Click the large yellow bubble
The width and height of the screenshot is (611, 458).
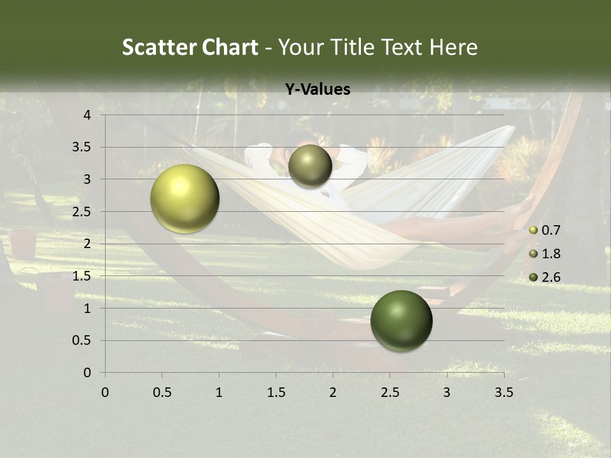185,198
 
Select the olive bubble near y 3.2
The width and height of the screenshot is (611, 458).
310,166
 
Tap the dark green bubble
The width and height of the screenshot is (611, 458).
401,321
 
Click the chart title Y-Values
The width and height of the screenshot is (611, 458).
318,90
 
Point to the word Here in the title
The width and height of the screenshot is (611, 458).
453,47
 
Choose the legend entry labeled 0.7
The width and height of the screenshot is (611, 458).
550,230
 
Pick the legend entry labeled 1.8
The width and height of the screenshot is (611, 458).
550,254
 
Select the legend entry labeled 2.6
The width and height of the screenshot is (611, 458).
550,277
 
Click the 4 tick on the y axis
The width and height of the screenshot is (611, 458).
88,115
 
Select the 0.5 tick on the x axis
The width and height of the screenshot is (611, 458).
162,392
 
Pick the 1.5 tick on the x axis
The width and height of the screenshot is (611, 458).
276,392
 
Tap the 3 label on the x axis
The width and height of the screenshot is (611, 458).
447,392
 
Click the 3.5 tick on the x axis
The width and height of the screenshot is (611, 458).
503,392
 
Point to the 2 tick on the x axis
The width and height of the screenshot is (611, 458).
333,392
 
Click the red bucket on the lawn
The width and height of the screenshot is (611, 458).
23,244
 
